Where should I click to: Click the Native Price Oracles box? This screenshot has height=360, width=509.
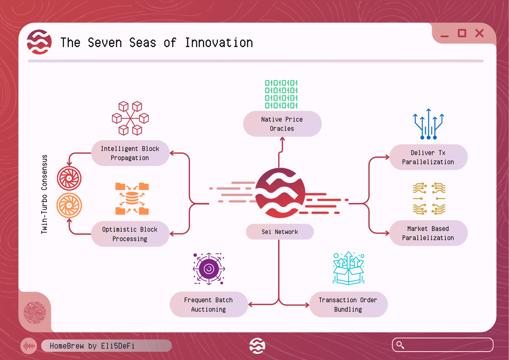coord(282,124)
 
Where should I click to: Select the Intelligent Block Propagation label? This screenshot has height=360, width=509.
coord(130,153)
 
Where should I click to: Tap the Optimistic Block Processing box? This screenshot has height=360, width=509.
coord(130,234)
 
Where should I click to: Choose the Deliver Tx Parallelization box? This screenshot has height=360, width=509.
coord(428,157)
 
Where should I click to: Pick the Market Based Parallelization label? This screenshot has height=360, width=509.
coord(428,233)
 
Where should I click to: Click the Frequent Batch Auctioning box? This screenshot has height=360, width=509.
coord(209,304)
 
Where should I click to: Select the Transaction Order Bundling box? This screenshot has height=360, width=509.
coord(348,304)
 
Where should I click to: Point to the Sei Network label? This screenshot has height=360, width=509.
coord(280,232)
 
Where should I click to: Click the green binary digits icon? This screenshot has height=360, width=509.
coord(282,94)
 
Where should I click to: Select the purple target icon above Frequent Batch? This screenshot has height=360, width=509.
coord(208,269)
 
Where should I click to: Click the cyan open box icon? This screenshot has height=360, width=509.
coord(348,268)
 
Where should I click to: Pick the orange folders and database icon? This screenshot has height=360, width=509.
coord(132,199)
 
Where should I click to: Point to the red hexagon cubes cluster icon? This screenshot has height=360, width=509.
coord(130,118)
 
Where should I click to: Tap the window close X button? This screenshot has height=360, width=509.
coord(479,33)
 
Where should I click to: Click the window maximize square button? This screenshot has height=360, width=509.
coord(462,33)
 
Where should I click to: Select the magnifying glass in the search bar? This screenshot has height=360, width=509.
coord(399,345)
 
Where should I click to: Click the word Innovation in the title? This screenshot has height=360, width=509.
coord(219,43)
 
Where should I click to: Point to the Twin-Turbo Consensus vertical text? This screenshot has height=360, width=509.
coord(44,194)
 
